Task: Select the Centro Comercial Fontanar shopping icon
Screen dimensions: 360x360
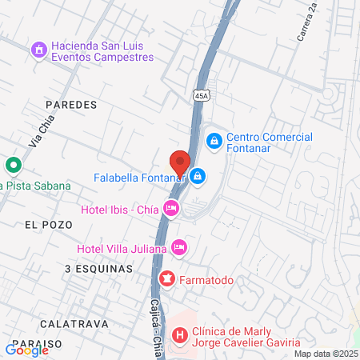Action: pos(214,141)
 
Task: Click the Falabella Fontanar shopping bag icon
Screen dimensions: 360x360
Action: pos(198,176)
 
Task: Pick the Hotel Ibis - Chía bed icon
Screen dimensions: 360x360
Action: pos(170,209)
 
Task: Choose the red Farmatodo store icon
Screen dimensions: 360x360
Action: pos(167,279)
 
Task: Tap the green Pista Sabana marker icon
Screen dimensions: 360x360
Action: pos(13,166)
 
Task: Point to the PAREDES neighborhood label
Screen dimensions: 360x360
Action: pos(70,105)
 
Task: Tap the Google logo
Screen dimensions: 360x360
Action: pos(27,350)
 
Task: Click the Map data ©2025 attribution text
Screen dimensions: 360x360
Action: pos(325,354)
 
